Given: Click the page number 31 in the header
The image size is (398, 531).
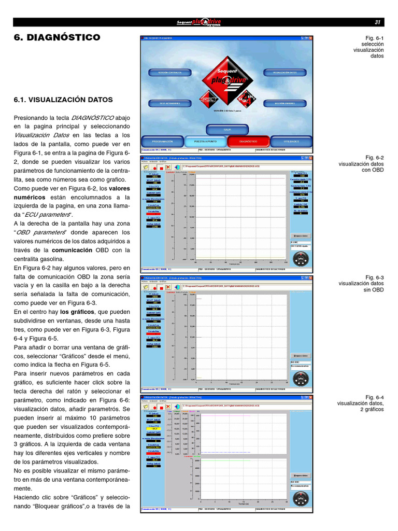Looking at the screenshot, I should [x=377, y=22].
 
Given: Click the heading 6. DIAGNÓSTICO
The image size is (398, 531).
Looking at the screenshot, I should [x=56, y=38].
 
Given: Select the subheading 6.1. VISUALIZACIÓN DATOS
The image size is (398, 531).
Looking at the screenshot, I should [x=63, y=100].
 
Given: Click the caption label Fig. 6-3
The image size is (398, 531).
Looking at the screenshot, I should [x=374, y=277].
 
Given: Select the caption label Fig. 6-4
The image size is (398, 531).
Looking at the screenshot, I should [x=374, y=397].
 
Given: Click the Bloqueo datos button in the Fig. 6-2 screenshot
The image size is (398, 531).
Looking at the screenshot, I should [x=301, y=235].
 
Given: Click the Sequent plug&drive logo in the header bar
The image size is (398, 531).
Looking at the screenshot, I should [x=199, y=22].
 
